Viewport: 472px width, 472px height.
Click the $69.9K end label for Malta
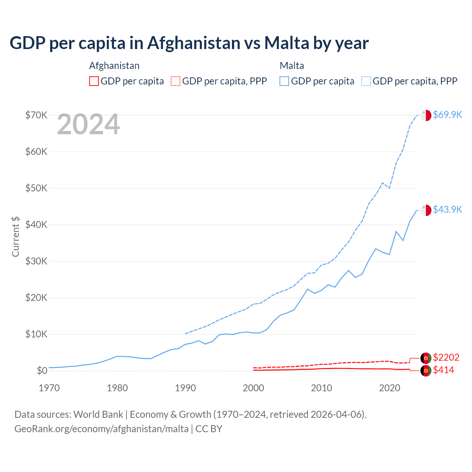pyautogui.click(x=447, y=115)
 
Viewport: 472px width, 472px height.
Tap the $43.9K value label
pyautogui.click(x=447, y=209)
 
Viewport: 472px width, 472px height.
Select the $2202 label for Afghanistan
pyautogui.click(x=446, y=357)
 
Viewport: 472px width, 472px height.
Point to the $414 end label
pyautogui.click(x=443, y=370)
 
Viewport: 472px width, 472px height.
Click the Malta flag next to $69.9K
pyautogui.click(x=426, y=115)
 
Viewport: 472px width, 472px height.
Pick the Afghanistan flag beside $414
pyautogui.click(x=426, y=371)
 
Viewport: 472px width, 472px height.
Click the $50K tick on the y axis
pyautogui.click(x=36, y=188)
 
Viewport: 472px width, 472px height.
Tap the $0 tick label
pyautogui.click(x=42, y=371)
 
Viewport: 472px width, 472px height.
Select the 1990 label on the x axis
pyautogui.click(x=185, y=388)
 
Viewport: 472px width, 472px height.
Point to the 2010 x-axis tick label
pyautogui.click(x=322, y=388)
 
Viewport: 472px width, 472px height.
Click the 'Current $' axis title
pyautogui.click(x=15, y=236)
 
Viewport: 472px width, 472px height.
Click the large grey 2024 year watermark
pyautogui.click(x=88, y=125)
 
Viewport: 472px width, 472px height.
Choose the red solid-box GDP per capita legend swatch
pyautogui.click(x=94, y=81)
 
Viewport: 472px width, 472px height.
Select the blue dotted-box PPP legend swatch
pyautogui.click(x=366, y=81)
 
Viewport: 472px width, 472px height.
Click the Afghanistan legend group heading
pyautogui.click(x=114, y=66)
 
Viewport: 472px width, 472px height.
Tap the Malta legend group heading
pyautogui.click(x=292, y=66)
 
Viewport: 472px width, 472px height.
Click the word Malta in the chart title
pyautogui.click(x=287, y=43)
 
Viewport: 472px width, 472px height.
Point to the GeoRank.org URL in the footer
pyautogui.click(x=101, y=429)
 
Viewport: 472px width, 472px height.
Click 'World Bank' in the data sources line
pyautogui.click(x=98, y=414)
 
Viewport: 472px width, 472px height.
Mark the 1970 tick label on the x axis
pyautogui.click(x=49, y=388)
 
